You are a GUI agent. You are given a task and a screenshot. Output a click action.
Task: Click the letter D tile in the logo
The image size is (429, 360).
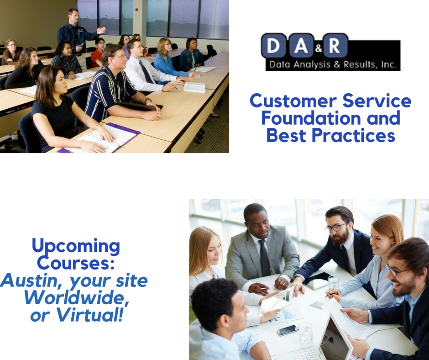pos(273,46)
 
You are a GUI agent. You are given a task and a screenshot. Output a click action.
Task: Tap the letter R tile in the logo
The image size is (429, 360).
pos(335,46)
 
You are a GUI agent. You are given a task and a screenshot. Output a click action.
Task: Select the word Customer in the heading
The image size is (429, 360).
pos(293,101)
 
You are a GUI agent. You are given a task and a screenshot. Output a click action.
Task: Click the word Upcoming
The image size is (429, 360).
pos(76,247)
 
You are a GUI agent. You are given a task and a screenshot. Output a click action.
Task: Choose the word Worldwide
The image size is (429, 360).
pos(77,298)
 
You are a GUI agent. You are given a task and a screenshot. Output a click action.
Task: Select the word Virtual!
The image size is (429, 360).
pos(89,315)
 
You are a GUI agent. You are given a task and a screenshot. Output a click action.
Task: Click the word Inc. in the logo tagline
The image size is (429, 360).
pos(388,65)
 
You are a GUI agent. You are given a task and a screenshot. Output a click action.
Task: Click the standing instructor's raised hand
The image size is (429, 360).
pos(101,30)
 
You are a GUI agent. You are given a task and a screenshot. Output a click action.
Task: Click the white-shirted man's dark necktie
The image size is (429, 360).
pos(146,72)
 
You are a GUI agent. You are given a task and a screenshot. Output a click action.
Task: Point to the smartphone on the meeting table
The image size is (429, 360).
pos(287,330)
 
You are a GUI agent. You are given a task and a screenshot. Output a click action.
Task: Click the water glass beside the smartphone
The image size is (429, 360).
pos(305,332)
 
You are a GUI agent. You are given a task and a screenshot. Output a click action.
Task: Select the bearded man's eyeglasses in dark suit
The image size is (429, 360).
pos(336,228)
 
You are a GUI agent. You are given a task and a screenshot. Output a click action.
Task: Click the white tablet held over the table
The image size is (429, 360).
pos(276,301)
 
